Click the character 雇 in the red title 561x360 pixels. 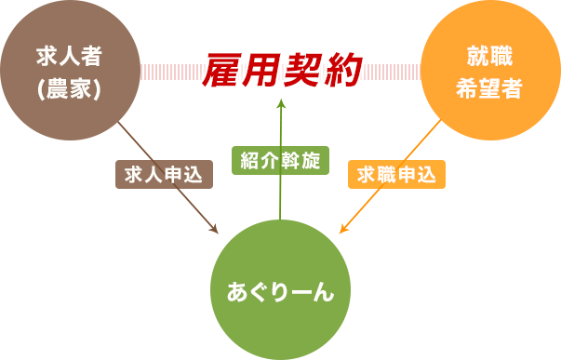(x=220, y=71)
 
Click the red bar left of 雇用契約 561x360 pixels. (x=167, y=72)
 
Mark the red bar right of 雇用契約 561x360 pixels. (x=395, y=72)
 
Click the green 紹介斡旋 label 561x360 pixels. (x=279, y=161)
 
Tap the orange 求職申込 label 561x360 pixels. (x=396, y=175)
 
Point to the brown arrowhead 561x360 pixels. (x=213, y=229)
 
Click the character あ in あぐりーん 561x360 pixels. (x=237, y=291)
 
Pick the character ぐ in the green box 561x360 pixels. (x=260, y=291)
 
